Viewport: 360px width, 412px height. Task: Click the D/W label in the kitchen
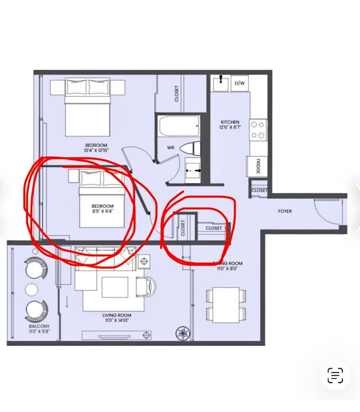click(241, 83)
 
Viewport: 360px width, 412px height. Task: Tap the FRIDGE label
click(257, 166)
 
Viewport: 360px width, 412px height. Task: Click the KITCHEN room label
click(230, 125)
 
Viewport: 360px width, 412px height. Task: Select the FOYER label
click(285, 211)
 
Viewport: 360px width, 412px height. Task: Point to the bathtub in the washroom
click(178, 128)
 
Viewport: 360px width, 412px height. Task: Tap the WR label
click(170, 147)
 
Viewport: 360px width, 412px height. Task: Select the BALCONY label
click(39, 326)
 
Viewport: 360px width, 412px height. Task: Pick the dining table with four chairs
click(226, 303)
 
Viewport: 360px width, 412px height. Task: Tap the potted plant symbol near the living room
click(183, 333)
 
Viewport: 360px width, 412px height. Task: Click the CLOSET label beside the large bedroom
click(176, 94)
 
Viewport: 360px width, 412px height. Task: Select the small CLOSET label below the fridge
click(259, 190)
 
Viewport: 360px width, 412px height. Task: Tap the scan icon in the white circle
click(335, 375)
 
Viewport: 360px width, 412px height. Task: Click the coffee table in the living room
click(115, 287)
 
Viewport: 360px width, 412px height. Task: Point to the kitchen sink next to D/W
click(220, 83)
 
